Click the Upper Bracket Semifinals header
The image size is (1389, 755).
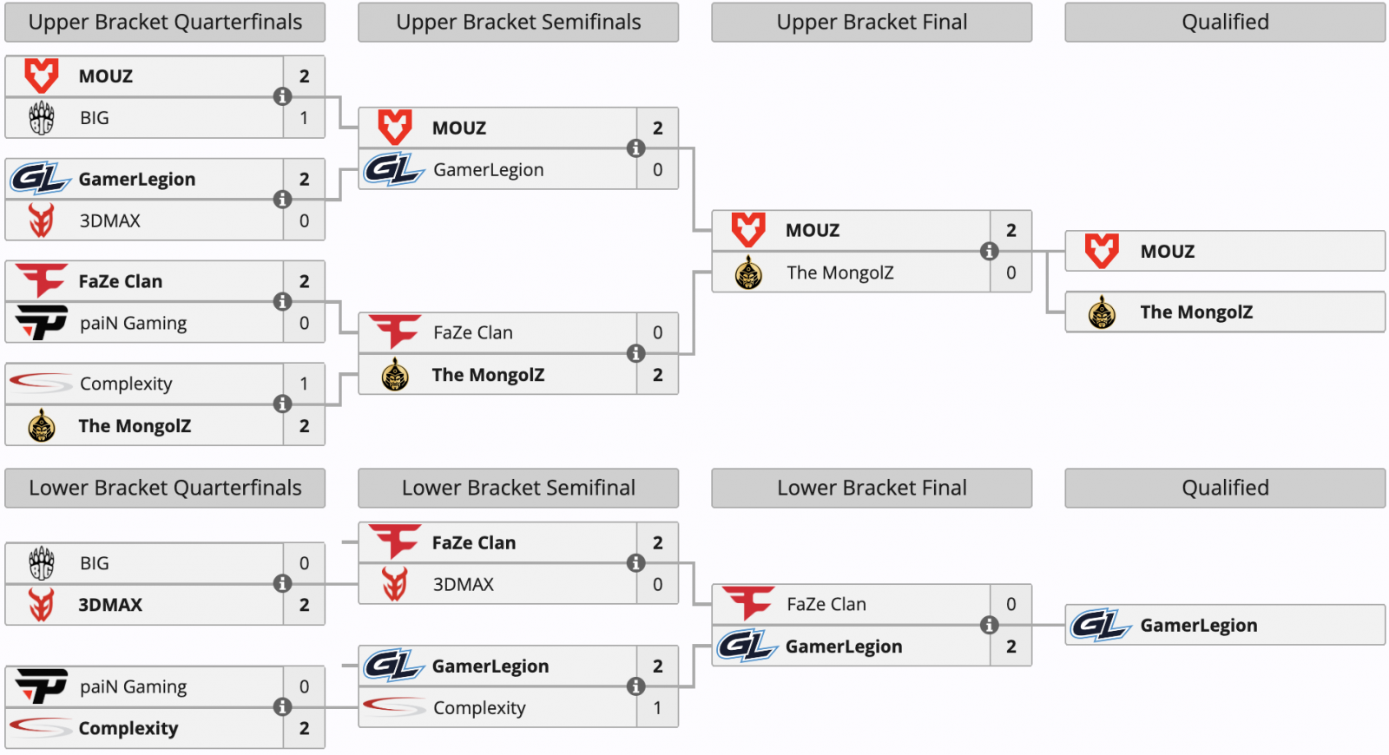(x=518, y=23)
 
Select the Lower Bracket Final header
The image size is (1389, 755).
(x=872, y=488)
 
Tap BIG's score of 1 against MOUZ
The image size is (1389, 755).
(x=304, y=118)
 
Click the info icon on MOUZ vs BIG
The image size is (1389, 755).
(x=283, y=96)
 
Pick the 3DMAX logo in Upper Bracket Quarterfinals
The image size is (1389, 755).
(x=42, y=220)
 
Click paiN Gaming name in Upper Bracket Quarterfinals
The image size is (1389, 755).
(x=134, y=323)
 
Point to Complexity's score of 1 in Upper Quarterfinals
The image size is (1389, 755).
(x=304, y=384)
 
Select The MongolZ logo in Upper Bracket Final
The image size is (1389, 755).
(x=748, y=272)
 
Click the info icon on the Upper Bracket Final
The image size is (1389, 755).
(x=990, y=251)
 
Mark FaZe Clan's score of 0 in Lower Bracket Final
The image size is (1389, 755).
(x=1010, y=604)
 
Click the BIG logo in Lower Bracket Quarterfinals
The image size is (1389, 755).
(x=42, y=563)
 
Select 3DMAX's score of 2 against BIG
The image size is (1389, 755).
(x=304, y=605)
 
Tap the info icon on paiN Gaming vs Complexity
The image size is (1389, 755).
(x=283, y=706)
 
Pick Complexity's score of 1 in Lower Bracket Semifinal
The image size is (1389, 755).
(x=657, y=708)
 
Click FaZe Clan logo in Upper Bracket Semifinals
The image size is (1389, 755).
(x=395, y=332)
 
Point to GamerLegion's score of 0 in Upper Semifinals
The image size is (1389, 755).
(x=657, y=170)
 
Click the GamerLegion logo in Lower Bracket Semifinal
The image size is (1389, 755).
(x=394, y=666)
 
